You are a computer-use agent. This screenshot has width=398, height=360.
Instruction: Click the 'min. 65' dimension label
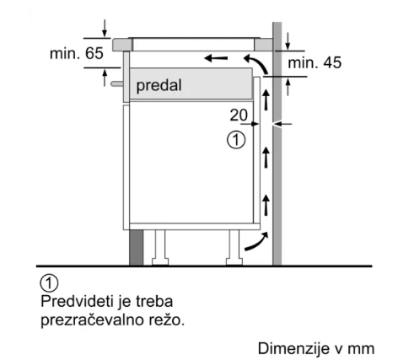[77, 53]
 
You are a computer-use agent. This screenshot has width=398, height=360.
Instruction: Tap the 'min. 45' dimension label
[315, 62]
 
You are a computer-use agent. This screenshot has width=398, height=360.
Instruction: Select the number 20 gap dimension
[239, 115]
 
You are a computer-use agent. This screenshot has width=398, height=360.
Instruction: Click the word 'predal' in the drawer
[159, 85]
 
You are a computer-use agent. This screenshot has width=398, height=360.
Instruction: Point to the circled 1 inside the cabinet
[236, 140]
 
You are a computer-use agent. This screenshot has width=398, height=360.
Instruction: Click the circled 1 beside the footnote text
[50, 283]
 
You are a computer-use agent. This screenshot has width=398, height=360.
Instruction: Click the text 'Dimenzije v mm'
[316, 348]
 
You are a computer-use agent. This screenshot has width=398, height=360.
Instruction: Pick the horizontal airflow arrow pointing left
[216, 58]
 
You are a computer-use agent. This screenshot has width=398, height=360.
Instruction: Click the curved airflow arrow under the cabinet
[257, 242]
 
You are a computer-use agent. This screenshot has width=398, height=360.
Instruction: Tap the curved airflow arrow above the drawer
[256, 64]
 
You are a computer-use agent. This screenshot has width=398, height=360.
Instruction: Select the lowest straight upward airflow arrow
[266, 205]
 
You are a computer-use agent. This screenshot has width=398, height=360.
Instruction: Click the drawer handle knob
[117, 83]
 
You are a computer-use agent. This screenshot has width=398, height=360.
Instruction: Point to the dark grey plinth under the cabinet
[136, 247]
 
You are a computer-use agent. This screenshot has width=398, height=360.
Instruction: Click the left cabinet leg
[160, 248]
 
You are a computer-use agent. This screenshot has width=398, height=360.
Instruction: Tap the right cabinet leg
[234, 248]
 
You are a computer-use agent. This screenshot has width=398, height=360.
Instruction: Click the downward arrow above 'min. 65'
[105, 28]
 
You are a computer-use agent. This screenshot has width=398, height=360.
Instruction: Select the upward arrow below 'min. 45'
[288, 87]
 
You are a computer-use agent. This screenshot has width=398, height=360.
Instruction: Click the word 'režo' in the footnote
[167, 320]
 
